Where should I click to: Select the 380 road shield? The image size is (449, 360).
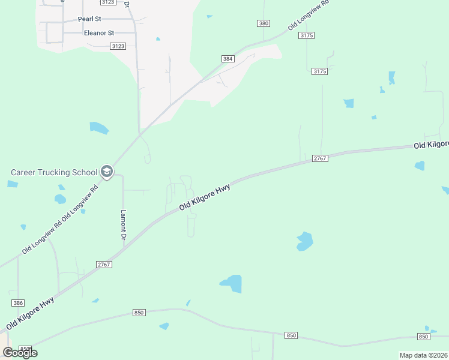(263, 23)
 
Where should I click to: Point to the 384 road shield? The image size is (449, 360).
(228, 59)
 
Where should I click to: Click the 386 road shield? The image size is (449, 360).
(17, 304)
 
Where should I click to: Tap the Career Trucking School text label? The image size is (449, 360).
(54, 172)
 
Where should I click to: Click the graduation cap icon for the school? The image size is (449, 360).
(107, 172)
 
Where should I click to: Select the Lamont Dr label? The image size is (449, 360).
(124, 225)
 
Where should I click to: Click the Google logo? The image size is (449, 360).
(20, 352)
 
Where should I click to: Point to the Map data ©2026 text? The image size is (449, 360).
(423, 355)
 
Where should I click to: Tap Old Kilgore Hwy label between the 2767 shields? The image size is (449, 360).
(205, 197)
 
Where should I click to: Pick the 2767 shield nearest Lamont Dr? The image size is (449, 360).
(104, 264)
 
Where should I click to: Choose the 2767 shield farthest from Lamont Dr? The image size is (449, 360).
(319, 158)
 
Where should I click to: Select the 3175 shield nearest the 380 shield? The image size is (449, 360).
(306, 36)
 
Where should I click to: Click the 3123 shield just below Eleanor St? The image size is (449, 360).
(118, 46)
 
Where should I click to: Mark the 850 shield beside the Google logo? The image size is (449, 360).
(25, 349)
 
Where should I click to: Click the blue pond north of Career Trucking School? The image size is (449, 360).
(99, 128)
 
